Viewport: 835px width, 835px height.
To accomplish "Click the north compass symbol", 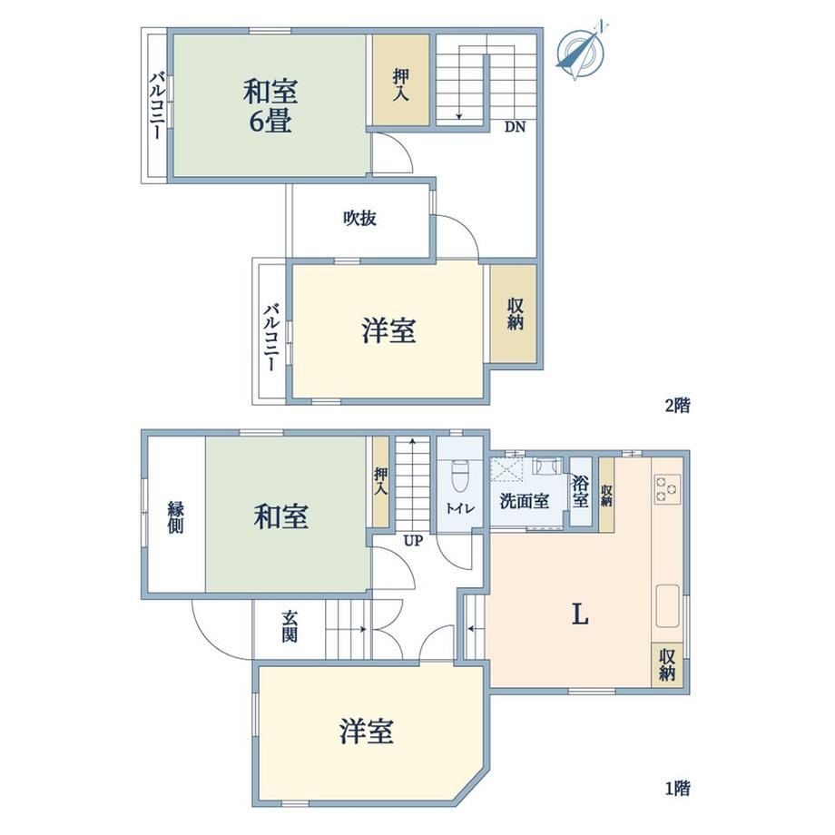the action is coord(581,51).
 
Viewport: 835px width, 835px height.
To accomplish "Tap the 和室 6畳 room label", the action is coord(270,106).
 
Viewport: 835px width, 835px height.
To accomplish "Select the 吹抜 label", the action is coord(360,219).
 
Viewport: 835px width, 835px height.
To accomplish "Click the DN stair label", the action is coord(515,127).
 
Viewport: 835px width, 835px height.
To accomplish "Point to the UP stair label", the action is coord(413,541).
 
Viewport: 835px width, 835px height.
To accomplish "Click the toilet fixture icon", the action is coord(459,477).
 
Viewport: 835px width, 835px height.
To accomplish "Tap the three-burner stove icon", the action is coord(667,489).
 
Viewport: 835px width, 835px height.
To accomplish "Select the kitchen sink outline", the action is coord(668,606).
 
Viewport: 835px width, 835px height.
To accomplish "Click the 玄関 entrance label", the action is coord(290,627).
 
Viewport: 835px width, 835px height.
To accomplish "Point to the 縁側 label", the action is coord(176,517).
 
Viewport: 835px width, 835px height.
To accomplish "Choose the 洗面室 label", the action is coord(525,501).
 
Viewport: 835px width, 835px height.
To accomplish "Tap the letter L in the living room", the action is coord(580,615).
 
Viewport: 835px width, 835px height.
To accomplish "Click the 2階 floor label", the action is coord(678,406).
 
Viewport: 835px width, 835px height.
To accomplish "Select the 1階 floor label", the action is coord(678,788).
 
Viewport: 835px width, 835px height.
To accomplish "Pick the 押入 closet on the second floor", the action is coord(401,81).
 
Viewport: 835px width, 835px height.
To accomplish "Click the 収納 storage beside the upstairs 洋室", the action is coord(514,314).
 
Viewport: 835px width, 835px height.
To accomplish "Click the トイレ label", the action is coord(460,508).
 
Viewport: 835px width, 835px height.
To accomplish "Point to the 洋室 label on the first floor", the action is coord(367,732).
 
